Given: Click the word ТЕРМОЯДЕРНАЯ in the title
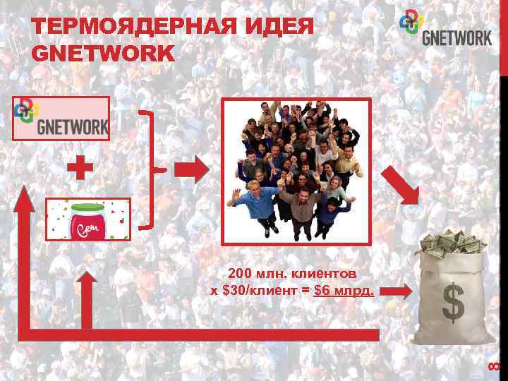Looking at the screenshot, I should pos(121,29).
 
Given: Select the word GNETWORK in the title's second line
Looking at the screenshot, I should pos(103,53).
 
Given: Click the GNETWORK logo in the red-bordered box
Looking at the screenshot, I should pos(62,118).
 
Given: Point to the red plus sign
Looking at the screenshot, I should pos(80,169).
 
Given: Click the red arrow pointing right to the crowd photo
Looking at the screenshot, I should pos(191,169).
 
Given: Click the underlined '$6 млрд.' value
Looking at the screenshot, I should pos(344,289).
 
